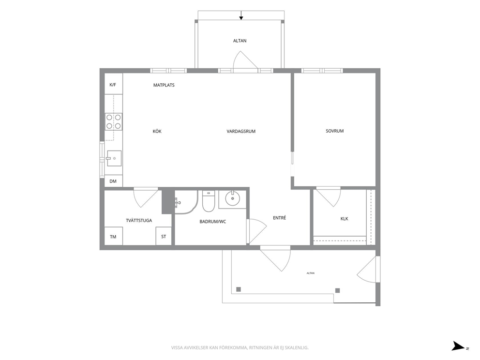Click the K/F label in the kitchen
pyautogui.click(x=113, y=85)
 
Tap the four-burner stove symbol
pyautogui.click(x=114, y=121)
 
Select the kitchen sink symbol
pyautogui.click(x=114, y=158)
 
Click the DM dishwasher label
pyautogui.click(x=113, y=181)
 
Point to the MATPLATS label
pyautogui.click(x=164, y=85)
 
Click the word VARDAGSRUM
pyautogui.click(x=241, y=131)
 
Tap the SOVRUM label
pyautogui.click(x=334, y=131)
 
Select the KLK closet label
pyautogui.click(x=345, y=219)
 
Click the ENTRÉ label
pyautogui.click(x=280, y=218)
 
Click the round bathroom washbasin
pyautogui.click(x=233, y=198)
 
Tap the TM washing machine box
pyautogui.click(x=114, y=236)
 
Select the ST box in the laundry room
pyautogui.click(x=164, y=236)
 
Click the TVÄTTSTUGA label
pyautogui.click(x=139, y=221)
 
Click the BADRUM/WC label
pyautogui.click(x=213, y=221)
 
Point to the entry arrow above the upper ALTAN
pyautogui.click(x=241, y=15)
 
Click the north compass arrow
pyautogui.click(x=459, y=346)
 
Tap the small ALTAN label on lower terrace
pyautogui.click(x=311, y=273)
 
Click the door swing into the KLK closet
pyautogui.click(x=328, y=197)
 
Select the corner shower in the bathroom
pyautogui.click(x=186, y=202)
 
